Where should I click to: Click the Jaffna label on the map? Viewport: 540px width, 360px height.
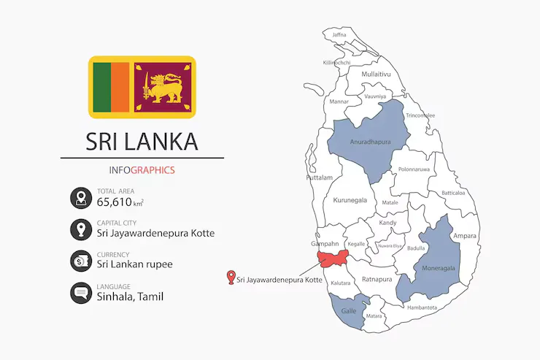click(339, 35)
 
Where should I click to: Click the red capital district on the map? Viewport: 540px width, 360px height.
click(333, 259)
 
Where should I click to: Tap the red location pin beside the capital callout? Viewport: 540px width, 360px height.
click(231, 277)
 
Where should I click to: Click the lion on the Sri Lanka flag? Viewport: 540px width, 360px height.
click(163, 86)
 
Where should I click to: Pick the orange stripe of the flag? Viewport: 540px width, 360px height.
click(120, 87)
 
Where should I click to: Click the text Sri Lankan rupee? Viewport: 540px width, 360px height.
click(134, 264)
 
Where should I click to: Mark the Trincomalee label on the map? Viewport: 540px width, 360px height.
click(420, 115)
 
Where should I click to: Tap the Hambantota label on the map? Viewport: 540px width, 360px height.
click(422, 307)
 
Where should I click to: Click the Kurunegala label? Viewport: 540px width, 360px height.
click(351, 199)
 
